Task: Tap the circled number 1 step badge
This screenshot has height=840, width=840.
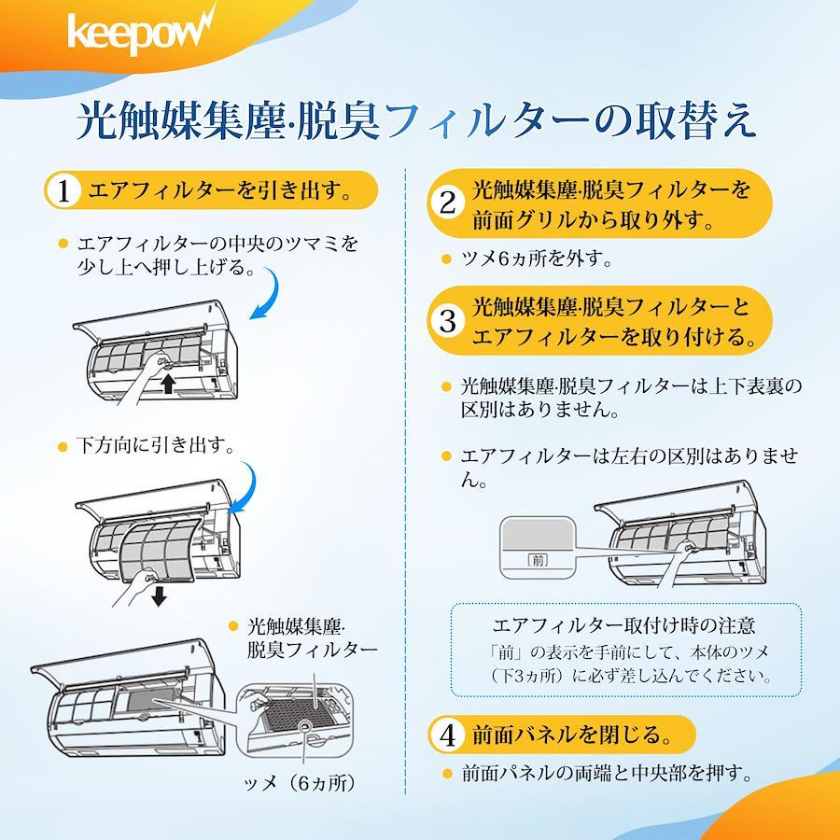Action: [63, 190]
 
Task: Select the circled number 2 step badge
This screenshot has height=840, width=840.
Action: [447, 203]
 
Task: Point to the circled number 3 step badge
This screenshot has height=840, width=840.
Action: [447, 320]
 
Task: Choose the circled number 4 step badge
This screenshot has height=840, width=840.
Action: [447, 735]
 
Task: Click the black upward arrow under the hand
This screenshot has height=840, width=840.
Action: [168, 384]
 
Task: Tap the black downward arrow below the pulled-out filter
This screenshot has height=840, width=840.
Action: [159, 595]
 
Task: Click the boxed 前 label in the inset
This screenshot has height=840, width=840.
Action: [538, 560]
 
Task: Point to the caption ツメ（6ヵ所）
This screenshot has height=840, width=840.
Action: [300, 783]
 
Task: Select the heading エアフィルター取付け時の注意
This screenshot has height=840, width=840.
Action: [623, 625]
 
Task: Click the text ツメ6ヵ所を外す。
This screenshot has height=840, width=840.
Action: [537, 259]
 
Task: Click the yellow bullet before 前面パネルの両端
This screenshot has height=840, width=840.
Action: [446, 773]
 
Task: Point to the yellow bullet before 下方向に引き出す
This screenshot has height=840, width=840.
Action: [63, 446]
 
